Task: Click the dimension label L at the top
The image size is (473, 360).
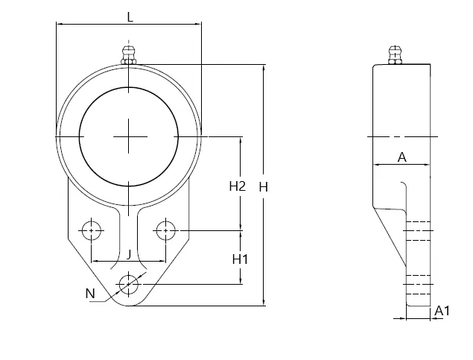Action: coord(130,17)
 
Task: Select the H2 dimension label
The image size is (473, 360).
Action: coord(238,186)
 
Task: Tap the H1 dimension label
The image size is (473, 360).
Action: coord(240,259)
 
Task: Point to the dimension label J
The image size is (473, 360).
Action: coord(129,255)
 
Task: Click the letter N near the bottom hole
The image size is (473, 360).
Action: coord(90,294)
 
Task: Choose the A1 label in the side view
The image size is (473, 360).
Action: coord(442,311)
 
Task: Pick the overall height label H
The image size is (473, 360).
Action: coord(264,187)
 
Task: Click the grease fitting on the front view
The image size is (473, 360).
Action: coord(129,55)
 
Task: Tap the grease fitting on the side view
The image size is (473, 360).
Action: coord(395,55)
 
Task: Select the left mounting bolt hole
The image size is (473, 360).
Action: coord(92,230)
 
